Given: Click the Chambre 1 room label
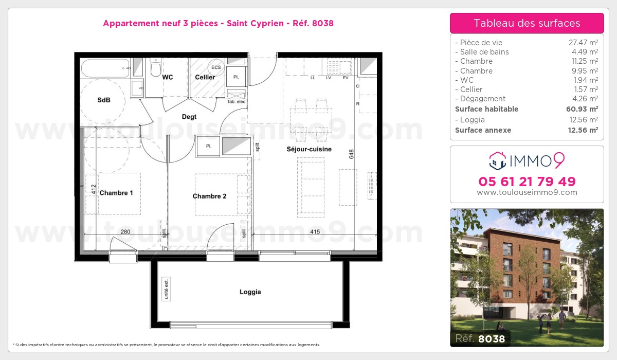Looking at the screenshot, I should pos(116,193).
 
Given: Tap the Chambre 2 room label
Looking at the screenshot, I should pos(209,196).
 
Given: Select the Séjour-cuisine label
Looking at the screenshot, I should pos(309,149).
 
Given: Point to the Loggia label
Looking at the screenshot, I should pos(250,292).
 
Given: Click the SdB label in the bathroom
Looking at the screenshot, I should pos(104,100).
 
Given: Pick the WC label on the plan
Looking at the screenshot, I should pos(167,77).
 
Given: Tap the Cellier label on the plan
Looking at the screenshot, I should pos(205,77).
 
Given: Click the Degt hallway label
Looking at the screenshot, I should pos(189,117).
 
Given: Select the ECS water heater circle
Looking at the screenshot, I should pos(215,67).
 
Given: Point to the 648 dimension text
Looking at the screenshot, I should pos(352,154).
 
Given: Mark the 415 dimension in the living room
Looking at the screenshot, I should pos(315,232).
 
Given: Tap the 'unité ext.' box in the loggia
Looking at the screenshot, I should pos(166,289).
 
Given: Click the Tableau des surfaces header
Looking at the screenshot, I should pos(527,23).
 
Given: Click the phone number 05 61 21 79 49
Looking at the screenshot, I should pos(527,182).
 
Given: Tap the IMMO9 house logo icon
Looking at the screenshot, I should pos(497,161).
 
